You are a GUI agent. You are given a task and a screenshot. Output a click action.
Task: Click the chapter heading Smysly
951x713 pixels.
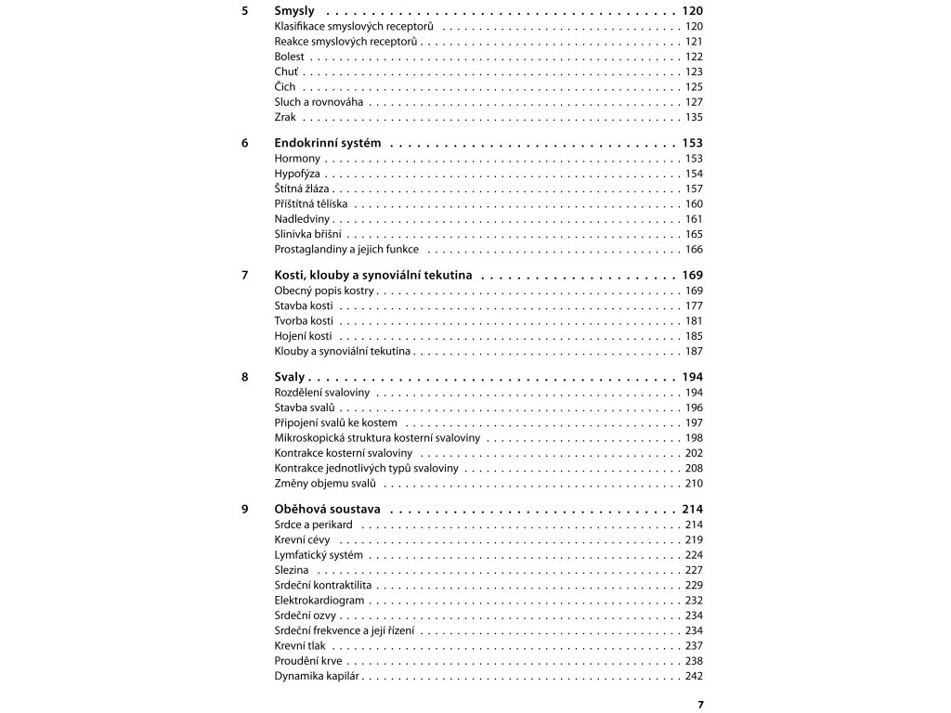294,10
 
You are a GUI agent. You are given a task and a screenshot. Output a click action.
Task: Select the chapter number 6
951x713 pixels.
244,143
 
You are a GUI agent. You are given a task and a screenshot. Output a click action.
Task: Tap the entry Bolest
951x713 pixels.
289,57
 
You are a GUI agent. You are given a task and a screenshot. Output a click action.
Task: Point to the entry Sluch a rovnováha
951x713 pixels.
319,102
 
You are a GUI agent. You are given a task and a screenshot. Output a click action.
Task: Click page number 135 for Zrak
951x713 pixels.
694,117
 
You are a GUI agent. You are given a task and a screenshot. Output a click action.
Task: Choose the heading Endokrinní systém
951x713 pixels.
329,143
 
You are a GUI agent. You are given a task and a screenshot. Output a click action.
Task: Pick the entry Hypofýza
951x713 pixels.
298,174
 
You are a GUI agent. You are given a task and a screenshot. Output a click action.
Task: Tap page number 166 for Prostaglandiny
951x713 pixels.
694,249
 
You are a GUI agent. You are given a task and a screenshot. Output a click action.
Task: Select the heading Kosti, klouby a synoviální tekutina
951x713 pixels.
374,275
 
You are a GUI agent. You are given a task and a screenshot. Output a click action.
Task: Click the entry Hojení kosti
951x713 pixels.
303,336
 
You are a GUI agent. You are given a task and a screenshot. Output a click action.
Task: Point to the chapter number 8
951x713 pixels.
244,377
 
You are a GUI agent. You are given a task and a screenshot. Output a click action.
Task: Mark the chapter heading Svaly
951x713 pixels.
290,377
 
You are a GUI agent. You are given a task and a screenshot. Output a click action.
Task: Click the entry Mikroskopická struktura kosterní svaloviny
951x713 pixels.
377,438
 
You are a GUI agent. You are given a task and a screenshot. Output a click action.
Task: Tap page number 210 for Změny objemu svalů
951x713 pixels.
694,484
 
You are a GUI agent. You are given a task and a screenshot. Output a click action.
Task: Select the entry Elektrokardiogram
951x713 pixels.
319,601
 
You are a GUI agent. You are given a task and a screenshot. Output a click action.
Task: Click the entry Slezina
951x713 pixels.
292,570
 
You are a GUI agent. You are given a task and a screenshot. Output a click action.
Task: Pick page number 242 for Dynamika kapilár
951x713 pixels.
694,677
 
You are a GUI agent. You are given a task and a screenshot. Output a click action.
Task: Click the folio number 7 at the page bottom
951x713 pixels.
700,705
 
